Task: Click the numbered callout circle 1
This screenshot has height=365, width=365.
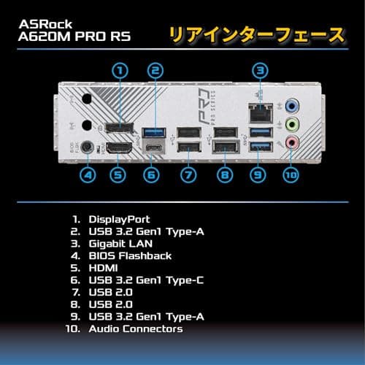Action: (x=121, y=72)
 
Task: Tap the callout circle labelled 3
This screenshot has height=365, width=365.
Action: (x=258, y=72)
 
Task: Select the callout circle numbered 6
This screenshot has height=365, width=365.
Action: (x=150, y=175)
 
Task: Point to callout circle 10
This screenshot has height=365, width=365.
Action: (x=292, y=175)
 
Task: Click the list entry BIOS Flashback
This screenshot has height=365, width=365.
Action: (x=130, y=255)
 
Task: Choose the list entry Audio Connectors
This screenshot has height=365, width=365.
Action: (x=135, y=329)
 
